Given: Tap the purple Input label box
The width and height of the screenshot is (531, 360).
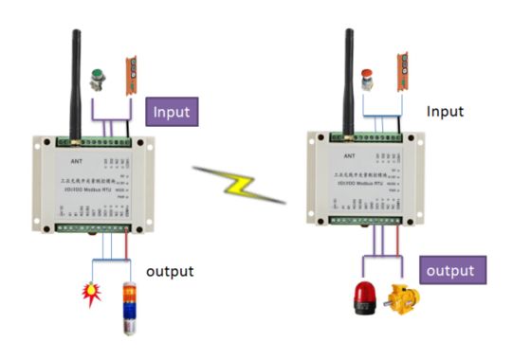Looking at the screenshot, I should pos(173,112).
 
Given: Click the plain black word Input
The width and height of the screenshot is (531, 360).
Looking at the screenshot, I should pos(446,111).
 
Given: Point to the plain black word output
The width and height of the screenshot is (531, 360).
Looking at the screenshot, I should pos(171,271).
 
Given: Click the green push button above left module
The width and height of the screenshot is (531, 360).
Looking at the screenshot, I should pos(96,77).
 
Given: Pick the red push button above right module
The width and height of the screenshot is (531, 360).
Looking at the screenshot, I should pos(366,76).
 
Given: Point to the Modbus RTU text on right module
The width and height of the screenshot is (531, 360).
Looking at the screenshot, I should pos(365,188).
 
